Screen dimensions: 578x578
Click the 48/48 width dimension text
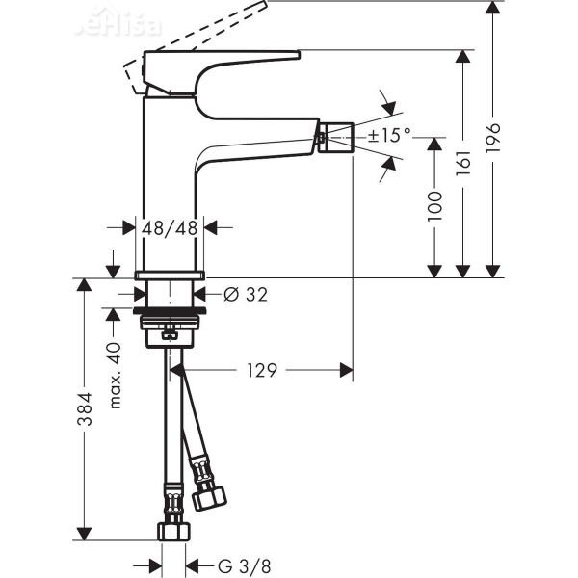[170, 228]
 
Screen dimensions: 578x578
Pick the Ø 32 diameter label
[245, 295]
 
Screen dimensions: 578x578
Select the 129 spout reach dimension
[260, 370]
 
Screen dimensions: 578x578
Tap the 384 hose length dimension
[85, 408]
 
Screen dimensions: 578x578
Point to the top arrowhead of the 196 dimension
[493, 9]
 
